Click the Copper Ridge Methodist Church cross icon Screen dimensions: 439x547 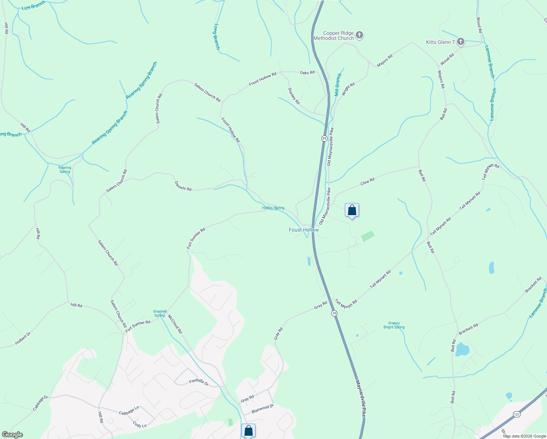pyautogui.click(x=359, y=35)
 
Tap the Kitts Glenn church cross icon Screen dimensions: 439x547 pyautogui.click(x=461, y=42)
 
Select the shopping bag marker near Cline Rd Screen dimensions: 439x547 pyautogui.click(x=352, y=210)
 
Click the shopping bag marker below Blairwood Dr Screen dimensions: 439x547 pyautogui.click(x=248, y=431)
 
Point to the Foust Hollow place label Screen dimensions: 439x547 pyautogui.click(x=304, y=230)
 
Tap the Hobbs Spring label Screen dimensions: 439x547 pyautogui.click(x=273, y=208)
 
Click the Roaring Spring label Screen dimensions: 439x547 pyautogui.click(x=65, y=170)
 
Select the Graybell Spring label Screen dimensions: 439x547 pyautogui.click(x=159, y=314)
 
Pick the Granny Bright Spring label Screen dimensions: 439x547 pyautogui.click(x=394, y=325)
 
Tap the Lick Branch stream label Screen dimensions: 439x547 pyautogui.click(x=33, y=5)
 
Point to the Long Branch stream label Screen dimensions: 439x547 pyautogui.click(x=217, y=37)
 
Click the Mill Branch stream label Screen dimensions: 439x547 pyautogui.click(x=338, y=85)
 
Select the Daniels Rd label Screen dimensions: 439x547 pyautogui.click(x=183, y=186)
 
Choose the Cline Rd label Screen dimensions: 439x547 pyautogui.click(x=367, y=181)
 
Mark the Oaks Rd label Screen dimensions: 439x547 pyautogui.click(x=307, y=72)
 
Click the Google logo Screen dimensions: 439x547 pyautogui.click(x=12, y=435)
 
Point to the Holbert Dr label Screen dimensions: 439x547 pyautogui.click(x=23, y=338)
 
